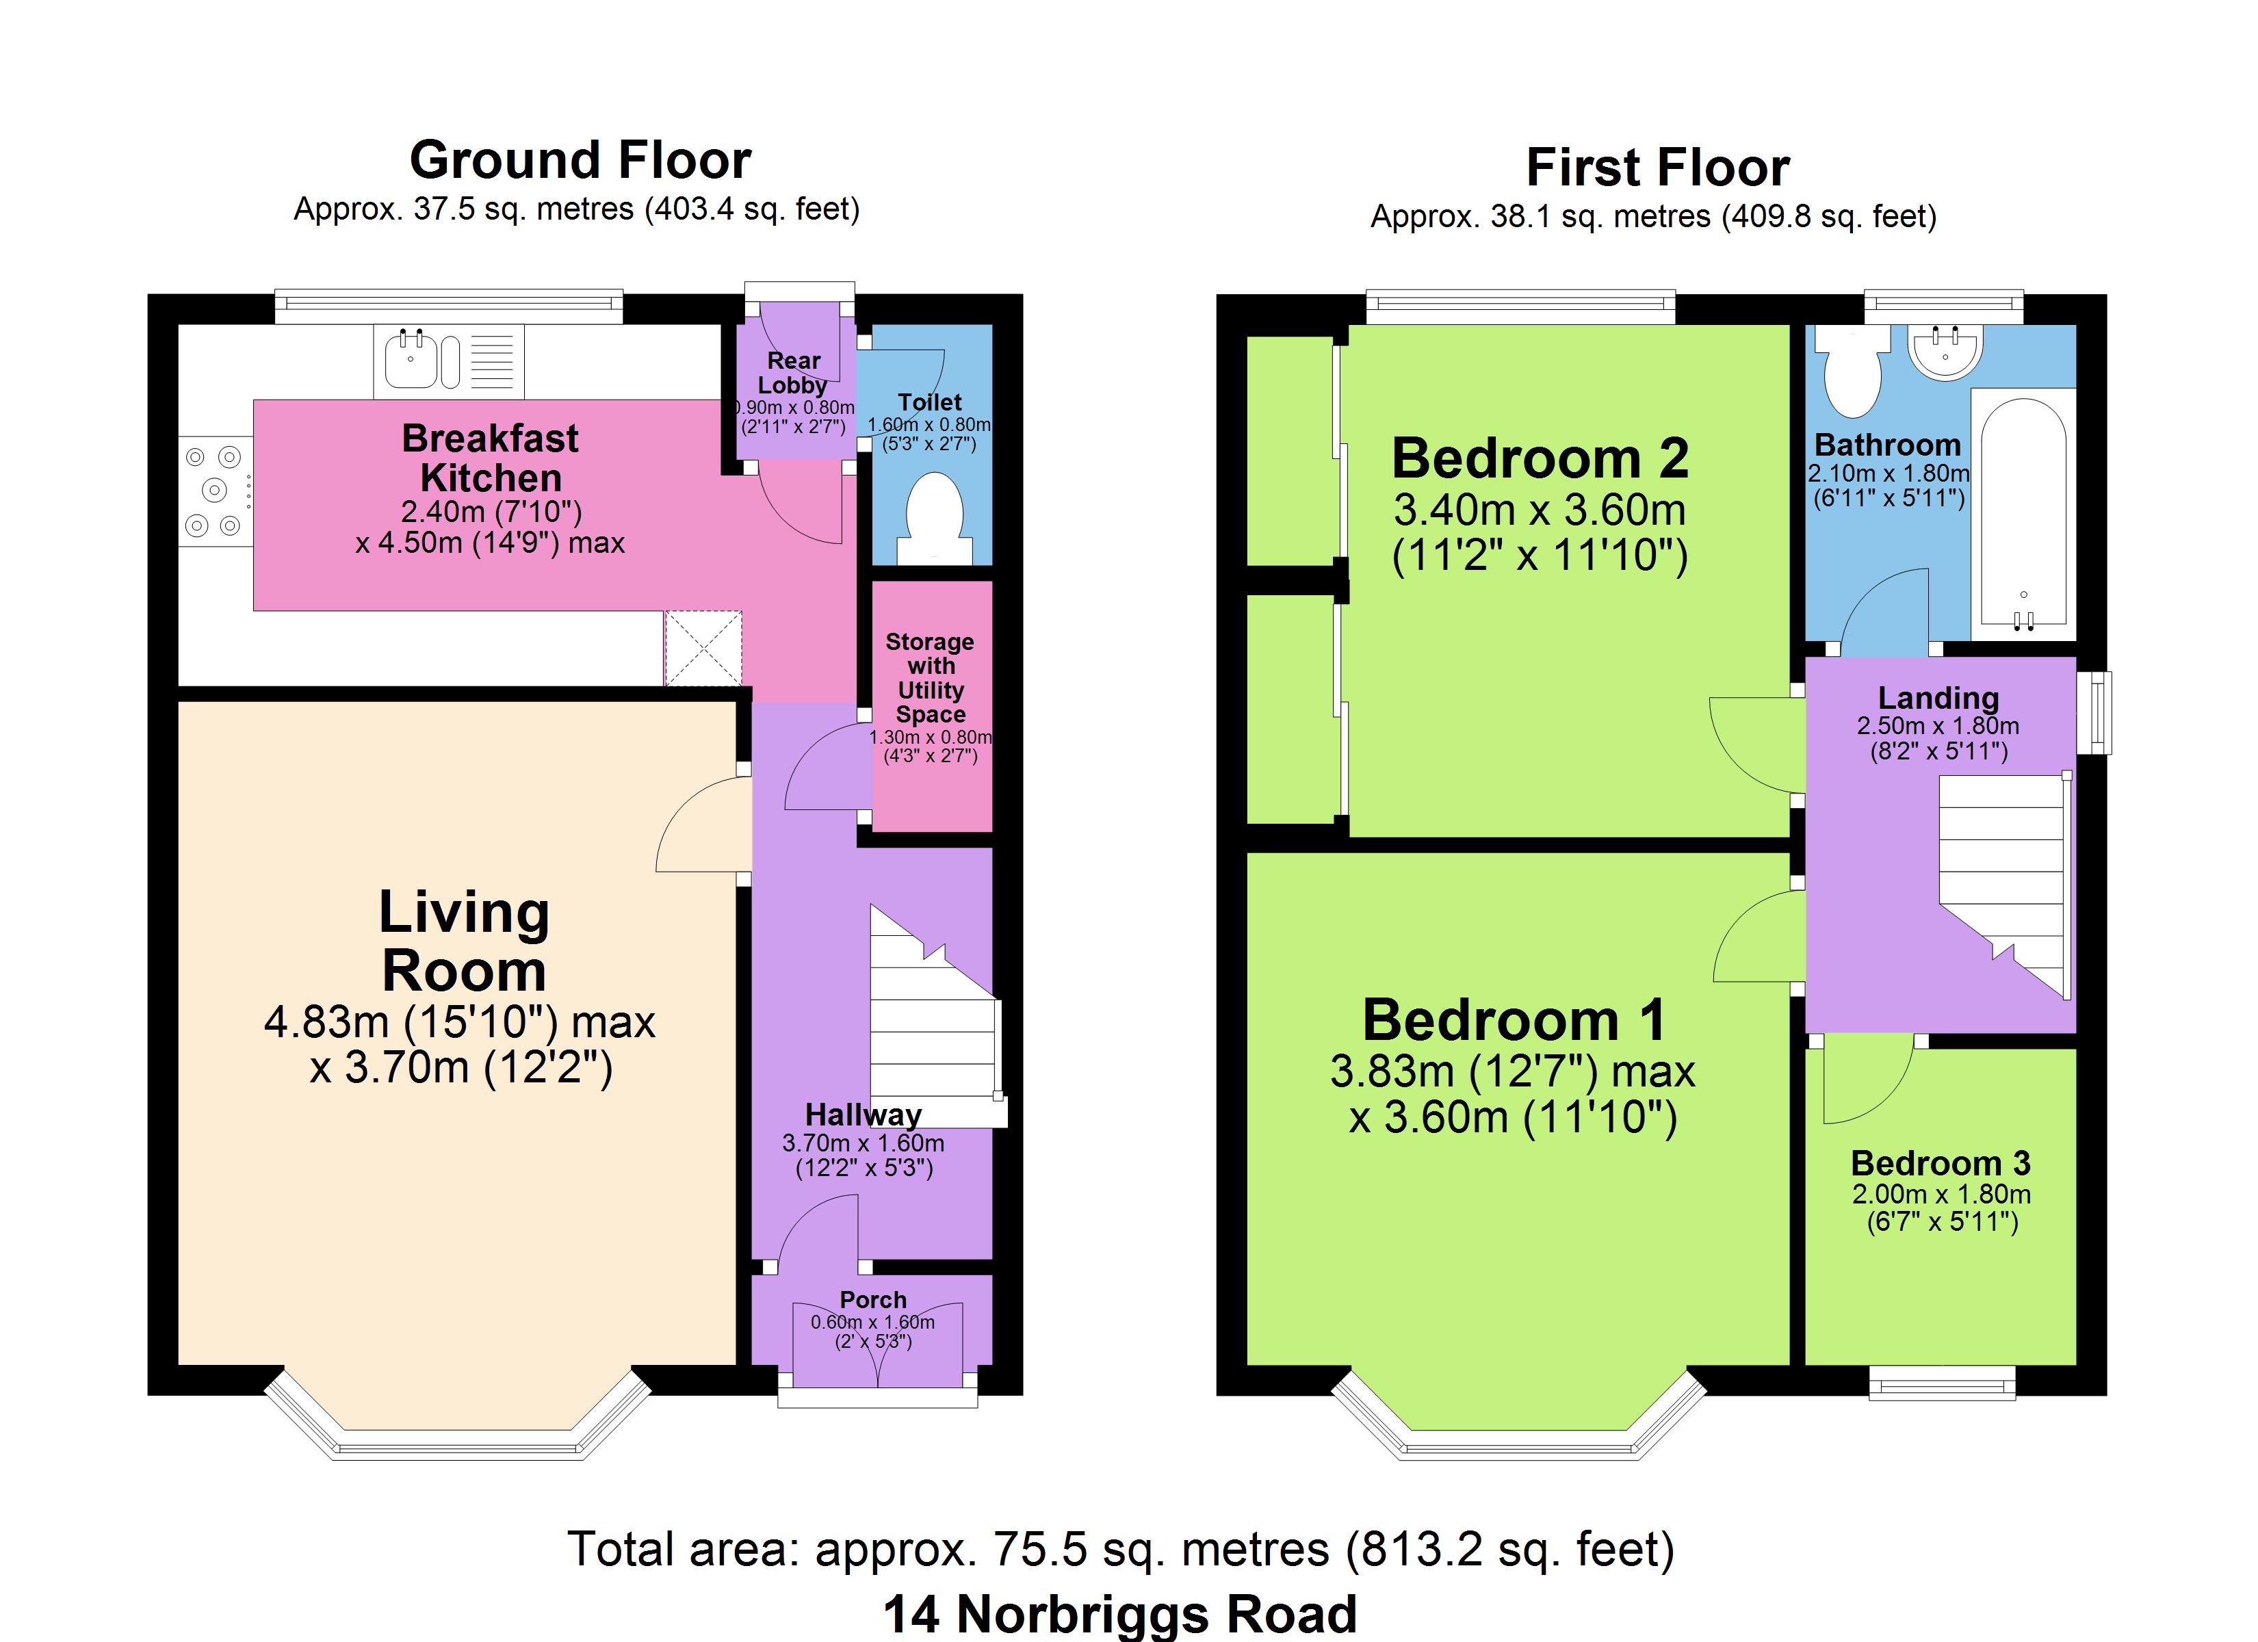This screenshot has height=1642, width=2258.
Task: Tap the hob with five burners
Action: pos(215,490)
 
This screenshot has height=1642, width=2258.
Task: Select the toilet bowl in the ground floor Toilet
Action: pos(935,519)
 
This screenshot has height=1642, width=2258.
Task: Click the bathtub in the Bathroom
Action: pos(2024,514)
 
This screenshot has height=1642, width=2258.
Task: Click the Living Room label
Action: pos(464,941)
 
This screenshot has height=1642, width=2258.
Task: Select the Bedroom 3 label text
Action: pos(1941,1163)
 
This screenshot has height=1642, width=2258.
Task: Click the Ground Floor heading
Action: pos(580,159)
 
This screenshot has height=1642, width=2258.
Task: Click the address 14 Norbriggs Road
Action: pos(1120,1614)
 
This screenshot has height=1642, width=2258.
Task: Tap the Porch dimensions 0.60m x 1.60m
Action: pos(872,1322)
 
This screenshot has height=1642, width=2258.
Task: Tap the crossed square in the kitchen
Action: pos(703,648)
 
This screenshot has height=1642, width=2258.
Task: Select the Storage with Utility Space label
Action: pos(930,677)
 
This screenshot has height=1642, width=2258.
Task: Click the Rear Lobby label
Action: pos(794,372)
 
